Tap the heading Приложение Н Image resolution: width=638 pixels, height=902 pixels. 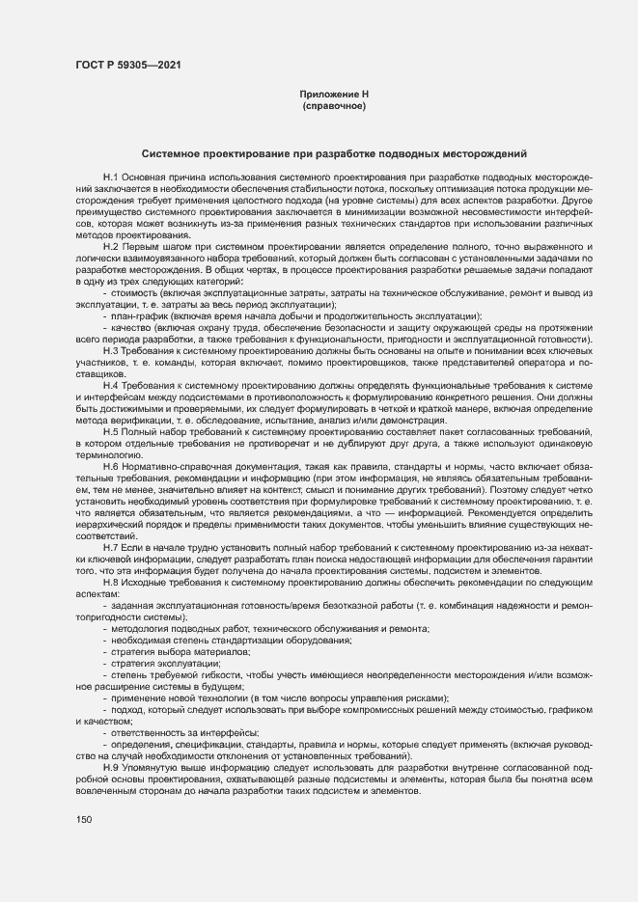point(334,94)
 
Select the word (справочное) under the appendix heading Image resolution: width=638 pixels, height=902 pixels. point(334,105)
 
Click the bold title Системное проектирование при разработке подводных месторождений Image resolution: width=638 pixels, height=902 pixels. point(334,153)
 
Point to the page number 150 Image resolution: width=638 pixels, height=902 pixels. point(84,820)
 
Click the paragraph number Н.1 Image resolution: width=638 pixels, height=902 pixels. point(110,179)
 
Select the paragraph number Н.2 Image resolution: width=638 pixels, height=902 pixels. point(110,248)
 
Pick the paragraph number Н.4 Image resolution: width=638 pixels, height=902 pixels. point(110,385)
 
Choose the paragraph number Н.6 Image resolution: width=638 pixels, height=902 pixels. point(110,465)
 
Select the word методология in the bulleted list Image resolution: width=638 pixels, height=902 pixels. point(141,627)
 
